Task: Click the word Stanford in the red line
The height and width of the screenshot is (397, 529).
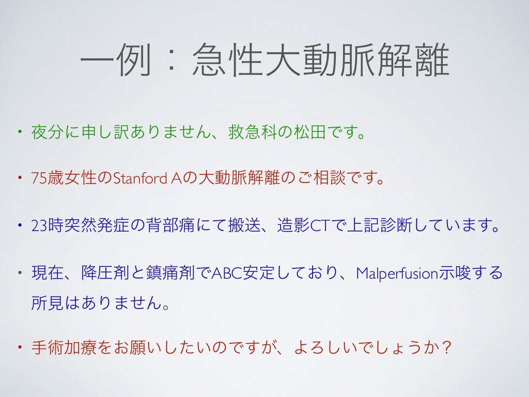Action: (x=140, y=178)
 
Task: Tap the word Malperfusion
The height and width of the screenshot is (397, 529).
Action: (x=397, y=273)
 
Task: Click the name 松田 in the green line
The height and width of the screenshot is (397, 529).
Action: (x=309, y=132)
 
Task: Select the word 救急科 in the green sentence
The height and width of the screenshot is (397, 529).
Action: (x=253, y=132)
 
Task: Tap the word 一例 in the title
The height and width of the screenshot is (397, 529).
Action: (x=116, y=60)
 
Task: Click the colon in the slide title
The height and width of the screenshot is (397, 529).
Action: (x=172, y=61)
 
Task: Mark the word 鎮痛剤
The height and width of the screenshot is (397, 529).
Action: (x=170, y=273)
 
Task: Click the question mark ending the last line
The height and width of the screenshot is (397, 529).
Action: (x=447, y=347)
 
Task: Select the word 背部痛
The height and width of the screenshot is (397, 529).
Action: (x=170, y=225)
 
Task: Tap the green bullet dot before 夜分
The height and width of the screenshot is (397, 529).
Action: (x=20, y=131)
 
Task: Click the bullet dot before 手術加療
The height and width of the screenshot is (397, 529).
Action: (x=20, y=346)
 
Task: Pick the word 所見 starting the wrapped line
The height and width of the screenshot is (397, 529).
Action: (x=48, y=302)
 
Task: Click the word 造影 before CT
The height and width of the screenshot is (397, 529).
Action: (x=293, y=225)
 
